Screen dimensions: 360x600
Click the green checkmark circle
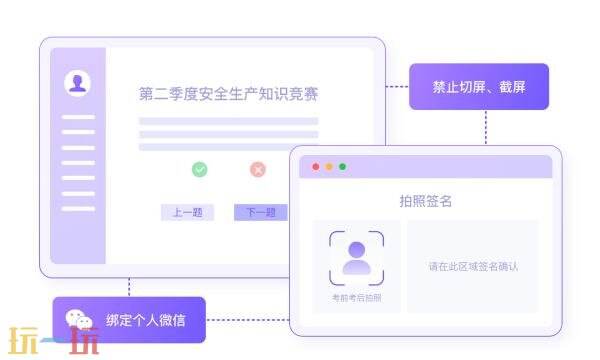point(200,170)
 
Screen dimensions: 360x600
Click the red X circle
point(258,170)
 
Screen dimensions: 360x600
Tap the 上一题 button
point(187,212)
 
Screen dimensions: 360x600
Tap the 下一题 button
point(261,212)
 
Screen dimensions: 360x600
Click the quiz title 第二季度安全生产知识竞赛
point(229,94)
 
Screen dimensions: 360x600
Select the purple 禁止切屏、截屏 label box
point(479,87)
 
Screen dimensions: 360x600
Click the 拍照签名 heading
point(425,201)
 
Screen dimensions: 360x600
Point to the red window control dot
point(316,167)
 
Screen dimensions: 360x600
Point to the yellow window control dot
point(329,167)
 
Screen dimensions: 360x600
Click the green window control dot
point(342,167)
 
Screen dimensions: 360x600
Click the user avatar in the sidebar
point(78,83)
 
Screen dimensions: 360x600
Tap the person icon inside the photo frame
point(356,258)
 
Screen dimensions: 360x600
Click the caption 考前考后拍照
point(356,298)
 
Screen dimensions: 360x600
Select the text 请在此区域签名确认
point(473,267)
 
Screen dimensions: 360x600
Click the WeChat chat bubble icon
point(79,320)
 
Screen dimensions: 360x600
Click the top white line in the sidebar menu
point(78,117)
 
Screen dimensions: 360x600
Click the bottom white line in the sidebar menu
point(78,209)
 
